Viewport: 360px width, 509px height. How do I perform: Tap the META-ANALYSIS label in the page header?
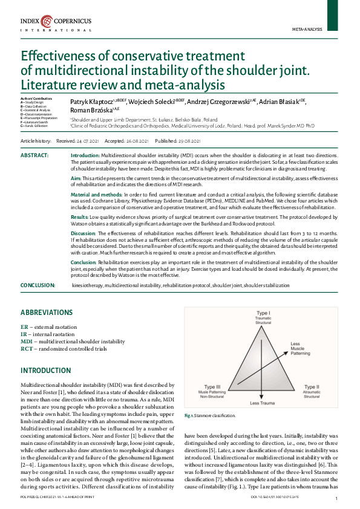[307, 28]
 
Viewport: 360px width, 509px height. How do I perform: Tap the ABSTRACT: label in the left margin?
[35, 155]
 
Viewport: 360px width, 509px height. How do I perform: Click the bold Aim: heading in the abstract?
[76, 179]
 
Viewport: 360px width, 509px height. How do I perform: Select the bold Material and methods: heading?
[97, 195]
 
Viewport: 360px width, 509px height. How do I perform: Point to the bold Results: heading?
[80, 216]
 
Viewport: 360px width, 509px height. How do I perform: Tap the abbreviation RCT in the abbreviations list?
[27, 349]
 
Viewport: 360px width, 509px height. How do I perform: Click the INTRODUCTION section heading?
[46, 370]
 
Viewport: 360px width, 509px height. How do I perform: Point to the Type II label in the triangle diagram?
[311, 386]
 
